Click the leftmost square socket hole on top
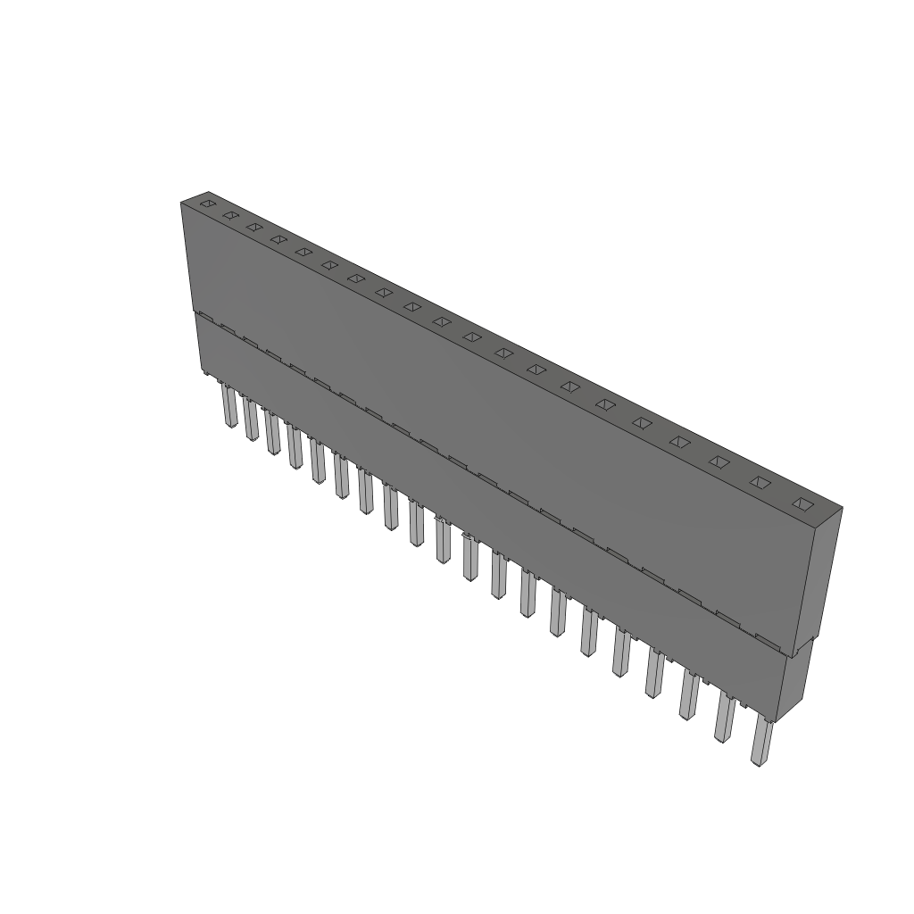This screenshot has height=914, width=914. point(207,204)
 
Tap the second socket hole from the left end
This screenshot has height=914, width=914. point(230,215)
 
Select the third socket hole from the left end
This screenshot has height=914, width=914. point(254,227)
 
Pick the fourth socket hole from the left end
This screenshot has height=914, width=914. point(278,238)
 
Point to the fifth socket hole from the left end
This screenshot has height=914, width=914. point(303,251)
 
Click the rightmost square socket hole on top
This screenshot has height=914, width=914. point(802,504)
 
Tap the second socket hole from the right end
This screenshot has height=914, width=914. point(760,482)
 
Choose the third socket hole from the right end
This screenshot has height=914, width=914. point(719,461)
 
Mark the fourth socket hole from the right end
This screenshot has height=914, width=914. point(681,442)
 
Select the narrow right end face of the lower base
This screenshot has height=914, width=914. point(794,683)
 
